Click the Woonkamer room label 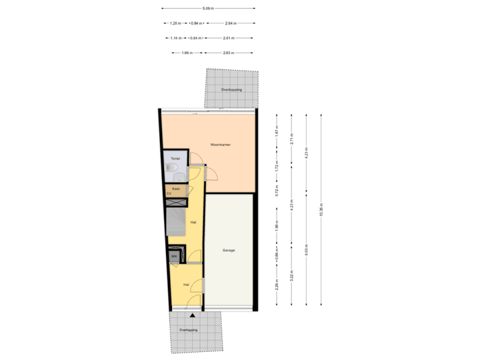220,144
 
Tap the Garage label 229,251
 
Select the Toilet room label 175,159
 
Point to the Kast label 175,189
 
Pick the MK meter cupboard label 174,256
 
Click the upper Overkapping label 231,89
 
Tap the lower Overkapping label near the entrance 188,330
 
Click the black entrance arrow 193,315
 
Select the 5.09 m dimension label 207,9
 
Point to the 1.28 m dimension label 175,23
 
